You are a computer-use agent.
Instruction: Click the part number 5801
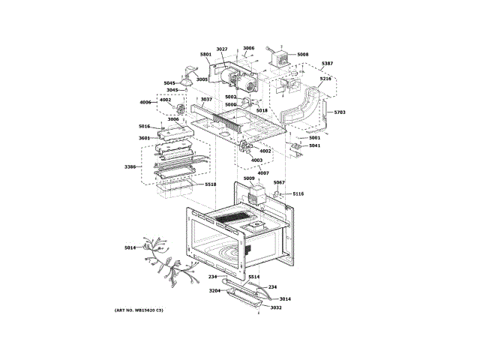pyautogui.click(x=206, y=55)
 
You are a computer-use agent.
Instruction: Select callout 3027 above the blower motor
pyautogui.click(x=222, y=49)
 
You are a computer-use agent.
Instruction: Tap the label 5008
pyautogui.click(x=302, y=55)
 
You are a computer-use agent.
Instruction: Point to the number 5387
pyautogui.click(x=327, y=64)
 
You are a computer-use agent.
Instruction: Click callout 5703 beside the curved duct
pyautogui.click(x=340, y=112)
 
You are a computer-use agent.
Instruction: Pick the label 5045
pyautogui.click(x=169, y=82)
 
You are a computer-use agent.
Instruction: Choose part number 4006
pyautogui.click(x=145, y=102)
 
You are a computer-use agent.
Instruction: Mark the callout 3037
pyautogui.click(x=206, y=99)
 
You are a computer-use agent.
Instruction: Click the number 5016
pyautogui.click(x=144, y=126)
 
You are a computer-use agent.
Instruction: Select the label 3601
pyautogui.click(x=144, y=137)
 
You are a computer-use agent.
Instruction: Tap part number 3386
pyautogui.click(x=130, y=166)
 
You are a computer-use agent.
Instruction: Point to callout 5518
pyautogui.click(x=211, y=184)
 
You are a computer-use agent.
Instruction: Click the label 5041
pyautogui.click(x=314, y=145)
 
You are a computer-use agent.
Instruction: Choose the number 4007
pyautogui.click(x=262, y=173)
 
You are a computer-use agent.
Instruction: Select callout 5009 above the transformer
pyautogui.click(x=259, y=178)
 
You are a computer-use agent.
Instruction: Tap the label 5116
pyautogui.click(x=298, y=193)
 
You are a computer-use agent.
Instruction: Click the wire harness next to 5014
pyautogui.click(x=161, y=259)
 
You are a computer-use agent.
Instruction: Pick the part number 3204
pyautogui.click(x=214, y=290)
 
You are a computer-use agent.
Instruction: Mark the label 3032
pyautogui.click(x=276, y=307)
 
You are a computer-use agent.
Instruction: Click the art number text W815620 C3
pyautogui.click(x=139, y=310)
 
